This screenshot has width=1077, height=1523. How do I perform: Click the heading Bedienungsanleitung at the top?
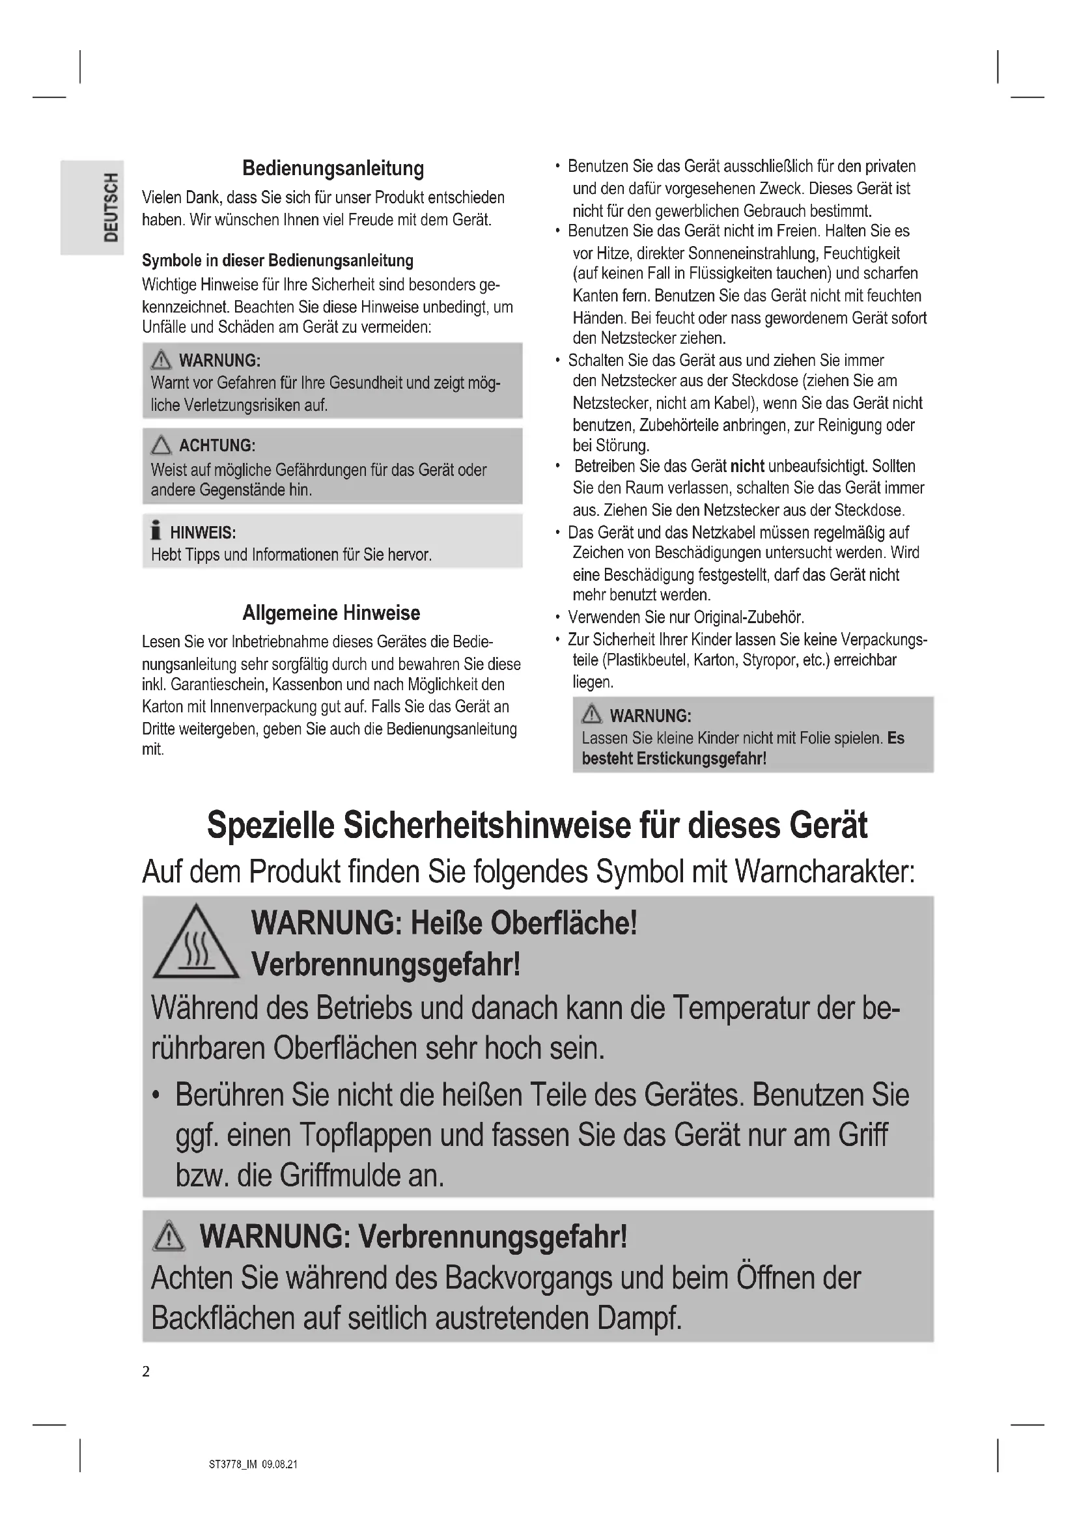pos(333,168)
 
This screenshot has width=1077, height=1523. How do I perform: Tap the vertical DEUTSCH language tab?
pos(111,208)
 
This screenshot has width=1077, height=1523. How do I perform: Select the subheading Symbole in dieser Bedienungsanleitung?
pos(277,260)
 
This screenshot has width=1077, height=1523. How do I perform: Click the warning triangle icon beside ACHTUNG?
pos(161,445)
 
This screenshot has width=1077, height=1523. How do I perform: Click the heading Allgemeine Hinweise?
pos(331,612)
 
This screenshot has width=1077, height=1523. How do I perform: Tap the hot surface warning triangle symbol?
pos(195,943)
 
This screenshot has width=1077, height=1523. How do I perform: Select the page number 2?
pos(146,1371)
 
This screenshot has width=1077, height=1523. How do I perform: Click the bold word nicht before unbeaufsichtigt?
pos(747,466)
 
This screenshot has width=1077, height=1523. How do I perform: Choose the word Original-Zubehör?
pos(749,617)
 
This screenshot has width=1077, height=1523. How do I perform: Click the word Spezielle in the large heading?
pos(270,825)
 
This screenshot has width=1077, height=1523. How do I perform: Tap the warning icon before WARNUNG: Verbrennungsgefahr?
pos(169,1237)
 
